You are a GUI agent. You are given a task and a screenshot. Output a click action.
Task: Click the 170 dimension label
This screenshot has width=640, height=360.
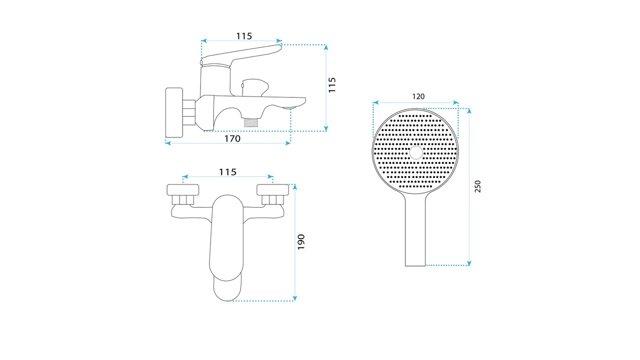[232, 138]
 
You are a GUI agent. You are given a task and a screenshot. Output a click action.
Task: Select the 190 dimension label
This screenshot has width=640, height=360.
[301, 242]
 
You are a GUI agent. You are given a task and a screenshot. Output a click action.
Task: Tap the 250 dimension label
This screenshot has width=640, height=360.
[477, 186]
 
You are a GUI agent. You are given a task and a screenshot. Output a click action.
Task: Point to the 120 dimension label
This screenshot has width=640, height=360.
[418, 96]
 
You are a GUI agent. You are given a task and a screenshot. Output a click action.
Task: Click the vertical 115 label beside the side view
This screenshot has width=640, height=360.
[331, 85]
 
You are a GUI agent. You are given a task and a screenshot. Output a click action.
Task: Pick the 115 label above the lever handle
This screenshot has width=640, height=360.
[244, 36]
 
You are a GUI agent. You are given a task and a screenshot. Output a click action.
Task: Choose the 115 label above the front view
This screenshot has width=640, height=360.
[227, 172]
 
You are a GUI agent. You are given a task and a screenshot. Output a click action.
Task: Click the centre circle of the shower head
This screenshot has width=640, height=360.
[415, 152]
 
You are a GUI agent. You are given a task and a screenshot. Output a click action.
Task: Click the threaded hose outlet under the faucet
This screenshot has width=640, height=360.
[251, 122]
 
